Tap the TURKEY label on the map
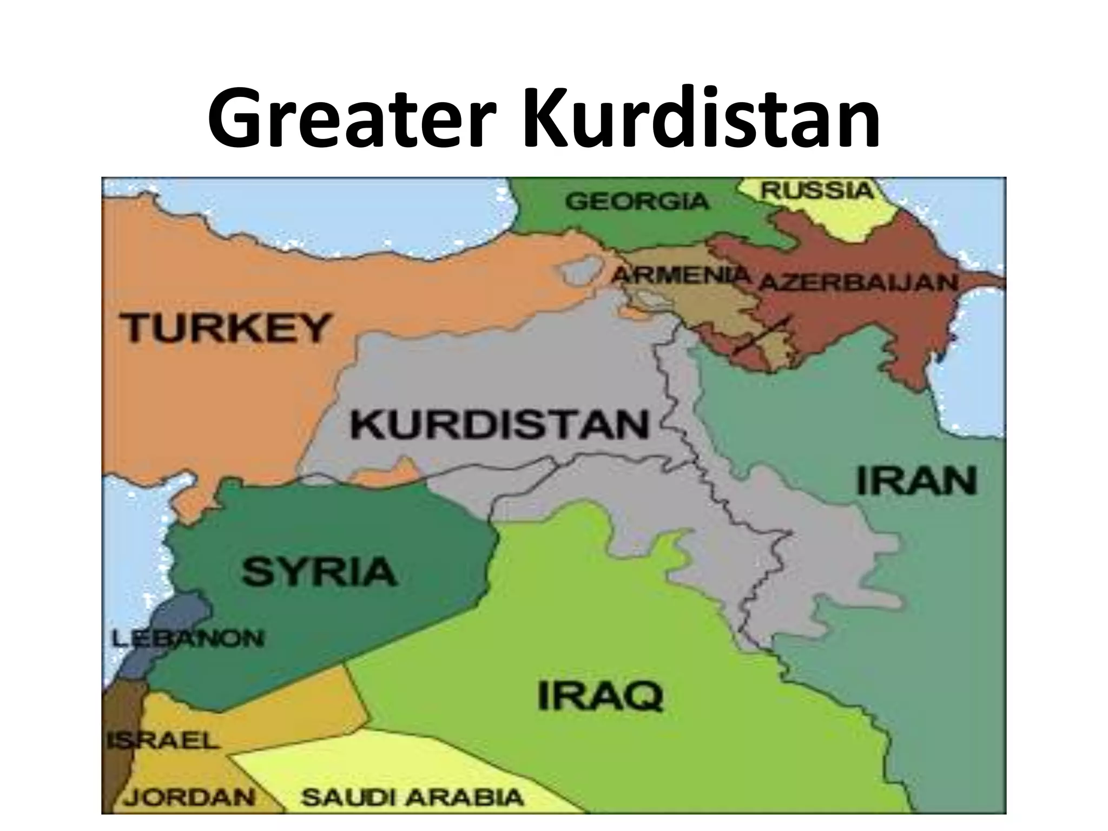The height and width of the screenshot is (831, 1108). coord(226,327)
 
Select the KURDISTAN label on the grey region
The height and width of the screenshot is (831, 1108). coord(499,425)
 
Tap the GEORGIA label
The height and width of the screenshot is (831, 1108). coord(637,202)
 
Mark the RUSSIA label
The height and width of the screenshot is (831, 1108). coord(817,190)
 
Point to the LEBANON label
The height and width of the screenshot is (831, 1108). coord(188,639)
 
